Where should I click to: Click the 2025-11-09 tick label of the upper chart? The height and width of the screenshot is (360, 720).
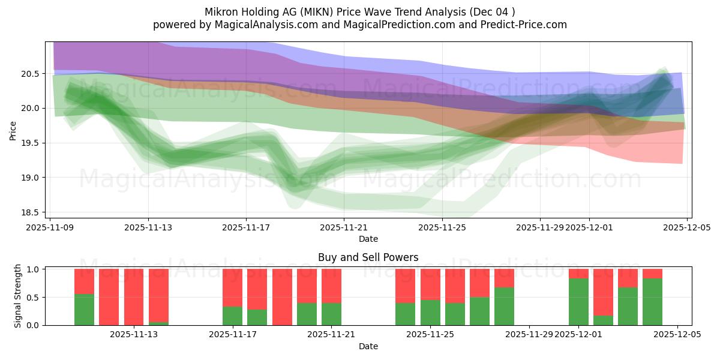tap(50, 227)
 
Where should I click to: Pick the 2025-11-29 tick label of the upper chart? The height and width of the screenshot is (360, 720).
tap(539, 227)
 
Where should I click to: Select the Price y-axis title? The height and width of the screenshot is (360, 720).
tap(13, 130)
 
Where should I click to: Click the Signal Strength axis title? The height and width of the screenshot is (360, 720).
tap(18, 296)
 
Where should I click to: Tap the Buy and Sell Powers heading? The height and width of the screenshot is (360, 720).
tap(368, 257)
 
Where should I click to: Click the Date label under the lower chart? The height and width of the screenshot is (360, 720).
tap(368, 346)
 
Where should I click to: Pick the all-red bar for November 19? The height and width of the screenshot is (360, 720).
tap(282, 297)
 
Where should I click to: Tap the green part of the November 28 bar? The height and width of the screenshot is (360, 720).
tap(504, 307)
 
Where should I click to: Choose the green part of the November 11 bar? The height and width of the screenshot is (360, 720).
tap(84, 310)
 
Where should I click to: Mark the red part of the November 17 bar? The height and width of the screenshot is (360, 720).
tap(232, 287)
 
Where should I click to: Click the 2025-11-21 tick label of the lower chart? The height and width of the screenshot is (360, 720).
tap(331, 335)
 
